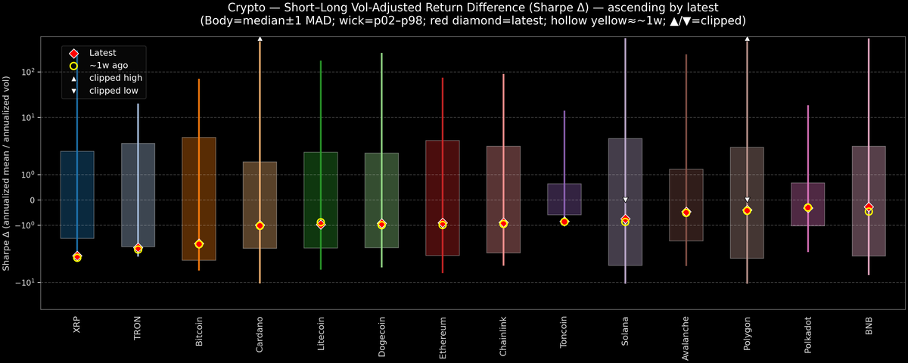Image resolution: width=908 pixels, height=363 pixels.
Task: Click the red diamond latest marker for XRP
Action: click(77, 256)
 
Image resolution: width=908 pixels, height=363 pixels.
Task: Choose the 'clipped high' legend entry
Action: click(115, 78)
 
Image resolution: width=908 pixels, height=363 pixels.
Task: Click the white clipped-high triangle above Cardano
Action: click(260, 38)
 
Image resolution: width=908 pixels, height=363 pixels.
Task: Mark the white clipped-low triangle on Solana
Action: click(626, 200)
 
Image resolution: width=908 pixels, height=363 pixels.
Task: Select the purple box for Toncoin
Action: click(564, 199)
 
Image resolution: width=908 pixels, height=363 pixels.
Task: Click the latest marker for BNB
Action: click(869, 207)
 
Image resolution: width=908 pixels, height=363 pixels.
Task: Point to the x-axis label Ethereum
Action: click(443, 337)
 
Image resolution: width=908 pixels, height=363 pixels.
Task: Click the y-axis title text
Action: click(7, 173)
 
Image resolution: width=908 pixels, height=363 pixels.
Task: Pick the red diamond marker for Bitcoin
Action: click(199, 244)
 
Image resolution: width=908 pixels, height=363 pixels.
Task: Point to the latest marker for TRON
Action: click(138, 248)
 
